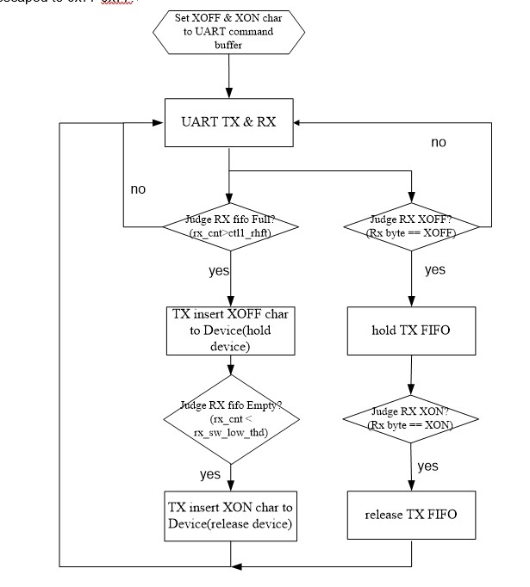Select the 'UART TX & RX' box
pyautogui.click(x=230, y=121)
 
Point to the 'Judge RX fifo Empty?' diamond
pyautogui.click(x=230, y=421)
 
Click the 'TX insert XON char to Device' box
pyautogui.click(x=230, y=515)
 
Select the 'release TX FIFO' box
pyautogui.click(x=412, y=515)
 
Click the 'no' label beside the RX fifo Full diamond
pyautogui.click(x=139, y=188)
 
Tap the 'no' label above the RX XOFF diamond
pyautogui.click(x=440, y=142)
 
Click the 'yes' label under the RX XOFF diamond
pyautogui.click(x=436, y=269)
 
